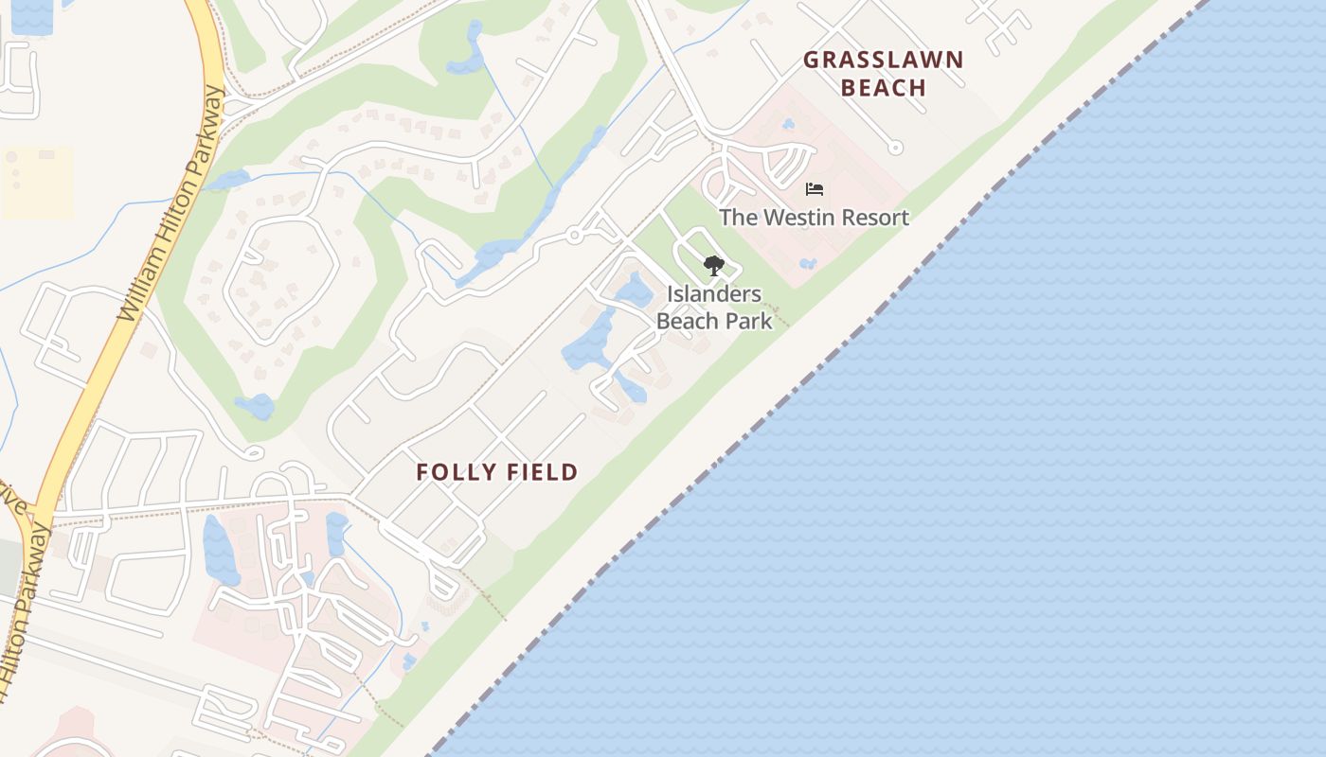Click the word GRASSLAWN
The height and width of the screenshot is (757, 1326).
(x=883, y=60)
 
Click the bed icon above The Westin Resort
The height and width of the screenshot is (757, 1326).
(x=815, y=189)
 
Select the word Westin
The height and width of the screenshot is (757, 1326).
(x=799, y=218)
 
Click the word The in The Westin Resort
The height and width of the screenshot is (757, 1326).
(x=737, y=218)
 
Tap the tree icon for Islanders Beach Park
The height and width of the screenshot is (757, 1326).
(x=714, y=265)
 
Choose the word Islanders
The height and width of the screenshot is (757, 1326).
(x=714, y=294)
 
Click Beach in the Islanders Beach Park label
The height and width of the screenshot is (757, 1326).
(x=690, y=321)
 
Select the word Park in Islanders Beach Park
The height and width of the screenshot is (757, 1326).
(x=749, y=321)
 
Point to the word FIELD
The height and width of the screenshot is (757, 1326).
(x=542, y=472)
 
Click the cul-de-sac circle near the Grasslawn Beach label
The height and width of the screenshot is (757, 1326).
(x=895, y=148)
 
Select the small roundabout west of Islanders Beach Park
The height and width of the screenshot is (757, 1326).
(x=574, y=236)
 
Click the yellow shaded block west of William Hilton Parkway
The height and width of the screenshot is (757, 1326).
(x=38, y=183)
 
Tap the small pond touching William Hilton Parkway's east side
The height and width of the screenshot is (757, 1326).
(x=227, y=179)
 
